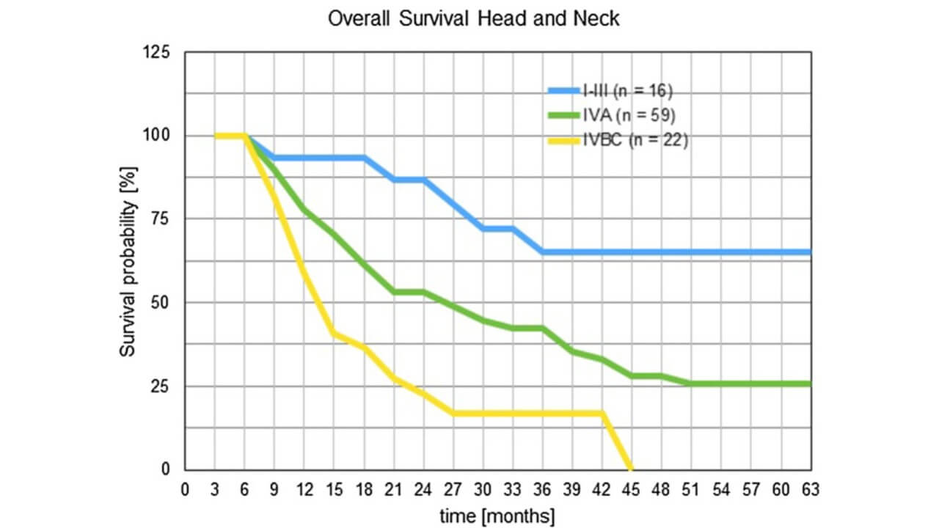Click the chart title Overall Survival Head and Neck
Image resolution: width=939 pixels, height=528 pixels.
click(473, 18)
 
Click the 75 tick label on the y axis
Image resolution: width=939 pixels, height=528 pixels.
click(160, 219)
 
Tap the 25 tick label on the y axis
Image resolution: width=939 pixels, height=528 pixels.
click(160, 386)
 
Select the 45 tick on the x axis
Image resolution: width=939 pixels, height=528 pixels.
click(632, 488)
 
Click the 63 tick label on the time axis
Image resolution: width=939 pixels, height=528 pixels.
click(811, 488)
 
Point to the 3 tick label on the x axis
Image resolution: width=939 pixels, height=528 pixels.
click(214, 488)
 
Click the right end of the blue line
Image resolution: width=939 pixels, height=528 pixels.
click(810, 252)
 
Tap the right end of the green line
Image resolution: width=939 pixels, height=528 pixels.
click(810, 384)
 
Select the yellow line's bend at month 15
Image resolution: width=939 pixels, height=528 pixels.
click(334, 333)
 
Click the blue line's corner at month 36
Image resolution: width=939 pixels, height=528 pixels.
click(542, 252)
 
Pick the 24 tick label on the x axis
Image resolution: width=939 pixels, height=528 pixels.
click(423, 488)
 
